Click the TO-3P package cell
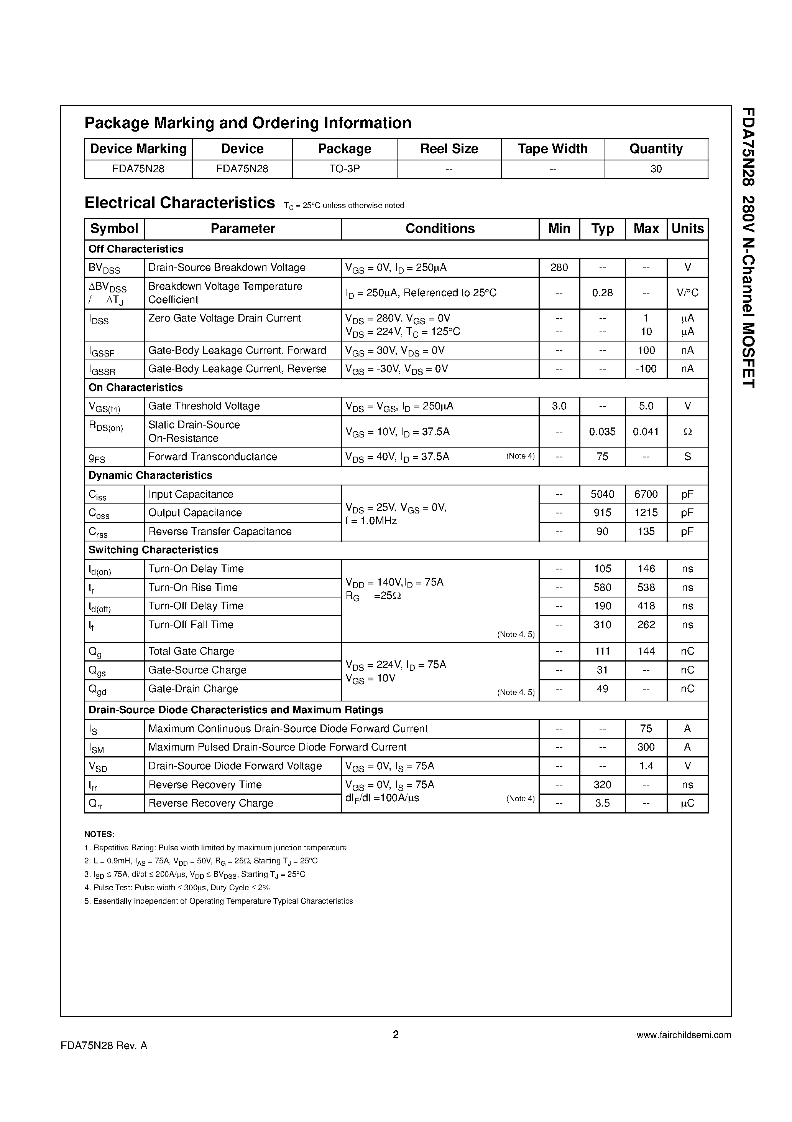[x=344, y=169]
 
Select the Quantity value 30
[x=656, y=169]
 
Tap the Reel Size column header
[x=449, y=149]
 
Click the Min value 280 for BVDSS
[x=559, y=268]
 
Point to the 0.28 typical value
[x=602, y=293]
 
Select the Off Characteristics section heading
[x=136, y=249]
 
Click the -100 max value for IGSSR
[x=646, y=369]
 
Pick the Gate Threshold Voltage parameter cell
[x=204, y=406]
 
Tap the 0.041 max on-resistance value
[x=646, y=432]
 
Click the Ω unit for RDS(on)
[x=687, y=432]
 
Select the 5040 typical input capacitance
[x=602, y=495]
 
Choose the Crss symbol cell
[x=98, y=532]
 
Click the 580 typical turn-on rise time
[x=602, y=588]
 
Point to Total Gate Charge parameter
[x=191, y=652]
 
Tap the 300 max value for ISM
[x=646, y=747]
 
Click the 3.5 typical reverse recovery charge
[x=602, y=804]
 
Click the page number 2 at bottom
[x=396, y=1035]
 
